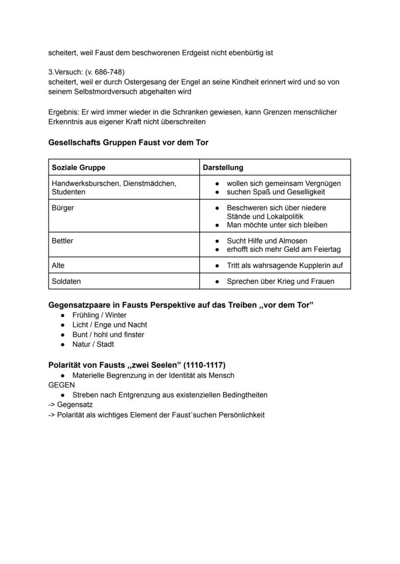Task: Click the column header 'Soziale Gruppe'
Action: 78,167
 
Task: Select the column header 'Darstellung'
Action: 223,167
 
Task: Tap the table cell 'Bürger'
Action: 63,208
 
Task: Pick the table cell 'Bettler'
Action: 62,241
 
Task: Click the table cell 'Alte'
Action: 58,265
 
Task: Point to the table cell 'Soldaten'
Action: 66,281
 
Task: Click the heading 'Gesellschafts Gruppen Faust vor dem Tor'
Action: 128,143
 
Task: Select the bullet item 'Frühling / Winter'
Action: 99,315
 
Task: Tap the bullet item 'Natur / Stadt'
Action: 93,344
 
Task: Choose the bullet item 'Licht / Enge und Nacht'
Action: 109,325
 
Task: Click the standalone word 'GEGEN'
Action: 61,385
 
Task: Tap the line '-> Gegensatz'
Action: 70,405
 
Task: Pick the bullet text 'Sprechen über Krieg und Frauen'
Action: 280,281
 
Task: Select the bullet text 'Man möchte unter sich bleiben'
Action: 277,225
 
